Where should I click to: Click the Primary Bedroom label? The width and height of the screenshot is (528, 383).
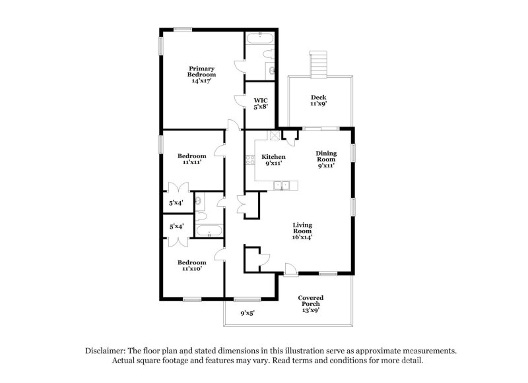click(x=202, y=71)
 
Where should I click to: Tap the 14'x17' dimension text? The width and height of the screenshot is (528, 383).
click(x=202, y=80)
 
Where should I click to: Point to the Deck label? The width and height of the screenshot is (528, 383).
click(x=319, y=98)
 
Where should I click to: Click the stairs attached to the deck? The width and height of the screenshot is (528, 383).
click(x=319, y=64)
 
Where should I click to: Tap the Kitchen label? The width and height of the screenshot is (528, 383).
click(x=273, y=157)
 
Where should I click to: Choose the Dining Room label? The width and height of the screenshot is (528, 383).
click(x=326, y=157)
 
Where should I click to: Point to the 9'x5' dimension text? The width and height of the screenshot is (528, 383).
click(x=247, y=313)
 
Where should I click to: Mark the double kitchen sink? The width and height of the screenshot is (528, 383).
click(x=283, y=185)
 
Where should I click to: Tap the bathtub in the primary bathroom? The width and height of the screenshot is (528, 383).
click(x=260, y=38)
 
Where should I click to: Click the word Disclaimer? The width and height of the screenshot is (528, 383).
click(x=106, y=351)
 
